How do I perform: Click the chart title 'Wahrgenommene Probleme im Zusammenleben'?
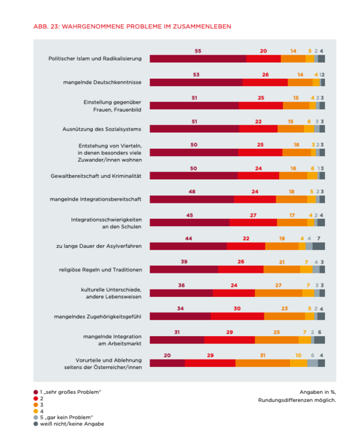click(x=131, y=27)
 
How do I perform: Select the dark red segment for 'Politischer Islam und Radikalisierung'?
click(x=198, y=59)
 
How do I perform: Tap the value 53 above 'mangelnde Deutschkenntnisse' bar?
click(x=195, y=74)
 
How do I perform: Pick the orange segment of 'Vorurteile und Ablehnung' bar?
click(x=262, y=363)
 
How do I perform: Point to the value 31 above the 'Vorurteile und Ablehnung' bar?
click(x=262, y=355)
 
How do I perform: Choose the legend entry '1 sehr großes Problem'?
click(x=71, y=391)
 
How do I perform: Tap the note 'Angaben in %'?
click(x=318, y=391)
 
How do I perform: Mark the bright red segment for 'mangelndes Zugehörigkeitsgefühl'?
click(x=237, y=316)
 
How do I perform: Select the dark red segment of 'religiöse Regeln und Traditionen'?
click(x=183, y=269)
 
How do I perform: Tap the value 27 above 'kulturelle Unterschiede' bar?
click(x=278, y=285)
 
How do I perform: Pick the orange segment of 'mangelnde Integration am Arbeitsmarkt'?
click(x=277, y=339)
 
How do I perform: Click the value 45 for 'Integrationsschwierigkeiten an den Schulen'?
click(x=189, y=215)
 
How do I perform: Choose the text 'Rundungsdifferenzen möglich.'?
click(x=297, y=400)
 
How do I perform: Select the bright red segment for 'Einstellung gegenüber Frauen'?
click(x=260, y=106)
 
